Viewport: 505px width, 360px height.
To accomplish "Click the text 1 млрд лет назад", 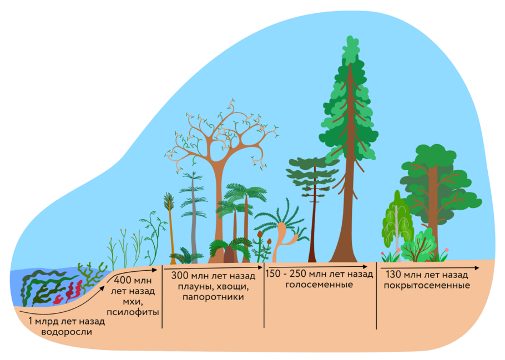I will (66, 321).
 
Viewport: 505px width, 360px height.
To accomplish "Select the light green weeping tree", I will (396, 219).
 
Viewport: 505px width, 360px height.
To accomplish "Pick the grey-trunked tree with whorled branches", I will (193, 222).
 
